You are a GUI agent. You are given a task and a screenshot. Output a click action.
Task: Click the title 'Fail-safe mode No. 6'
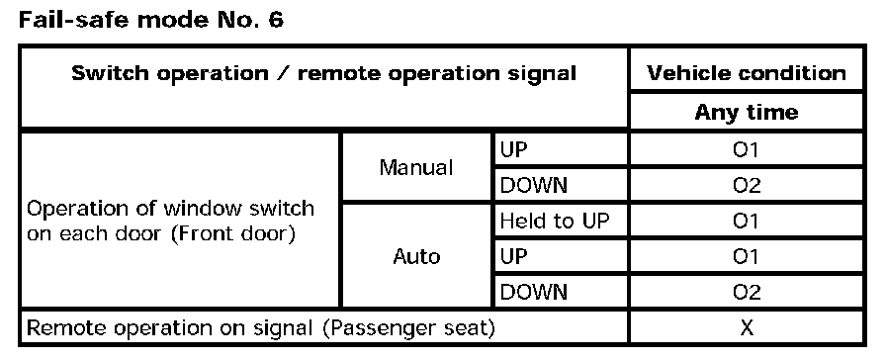tap(151, 21)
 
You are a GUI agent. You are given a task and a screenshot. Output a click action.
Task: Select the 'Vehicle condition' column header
tap(747, 73)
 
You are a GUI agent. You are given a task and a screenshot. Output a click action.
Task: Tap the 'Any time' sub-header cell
tap(747, 112)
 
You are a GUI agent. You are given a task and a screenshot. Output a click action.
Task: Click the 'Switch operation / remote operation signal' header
tap(323, 73)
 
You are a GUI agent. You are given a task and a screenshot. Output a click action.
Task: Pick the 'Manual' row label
tap(416, 167)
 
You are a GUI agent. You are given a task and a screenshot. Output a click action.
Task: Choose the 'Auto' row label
tap(416, 256)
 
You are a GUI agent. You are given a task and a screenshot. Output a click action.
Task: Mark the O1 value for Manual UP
tap(746, 149)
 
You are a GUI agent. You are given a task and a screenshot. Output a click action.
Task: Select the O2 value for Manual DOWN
tap(746, 185)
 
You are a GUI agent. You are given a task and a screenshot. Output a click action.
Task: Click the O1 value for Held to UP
tap(746, 221)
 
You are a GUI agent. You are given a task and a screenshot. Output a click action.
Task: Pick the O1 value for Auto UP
tap(746, 256)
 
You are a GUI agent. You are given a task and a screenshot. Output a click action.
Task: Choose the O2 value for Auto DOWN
tap(746, 292)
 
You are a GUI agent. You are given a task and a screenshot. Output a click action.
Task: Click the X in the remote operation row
tap(747, 327)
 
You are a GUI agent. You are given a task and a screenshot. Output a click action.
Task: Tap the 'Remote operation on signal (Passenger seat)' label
tap(260, 328)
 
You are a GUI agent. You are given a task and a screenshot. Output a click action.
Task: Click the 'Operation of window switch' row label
tap(170, 209)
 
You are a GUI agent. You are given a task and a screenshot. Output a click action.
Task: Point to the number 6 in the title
tap(275, 21)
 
